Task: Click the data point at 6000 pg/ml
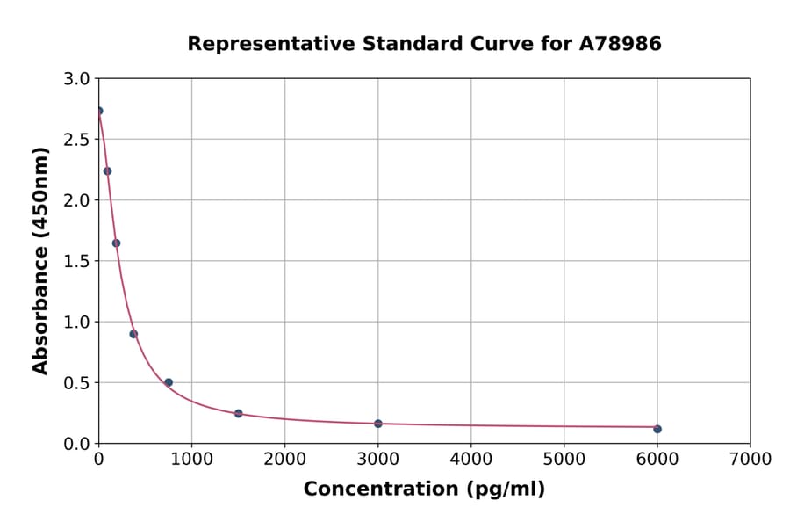tap(657, 429)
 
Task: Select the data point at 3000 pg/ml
tap(378, 424)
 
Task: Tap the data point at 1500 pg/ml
tap(239, 413)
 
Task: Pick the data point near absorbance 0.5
tap(169, 382)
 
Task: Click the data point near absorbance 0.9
tap(133, 334)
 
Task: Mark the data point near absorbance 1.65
tap(116, 243)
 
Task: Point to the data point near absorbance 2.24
tap(107, 171)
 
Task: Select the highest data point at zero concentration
tap(99, 111)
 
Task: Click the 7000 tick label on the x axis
tap(750, 459)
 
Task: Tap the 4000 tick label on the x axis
tap(470, 459)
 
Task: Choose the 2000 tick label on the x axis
tap(284, 459)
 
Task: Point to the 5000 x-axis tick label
tap(564, 459)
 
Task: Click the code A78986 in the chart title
tap(620, 44)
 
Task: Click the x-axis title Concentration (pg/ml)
tap(424, 489)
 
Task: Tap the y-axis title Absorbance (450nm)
tap(40, 260)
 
